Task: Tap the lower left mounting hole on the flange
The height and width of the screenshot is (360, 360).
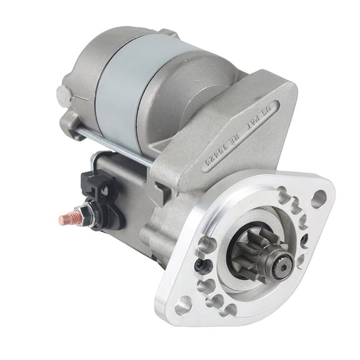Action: point(183,306)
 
